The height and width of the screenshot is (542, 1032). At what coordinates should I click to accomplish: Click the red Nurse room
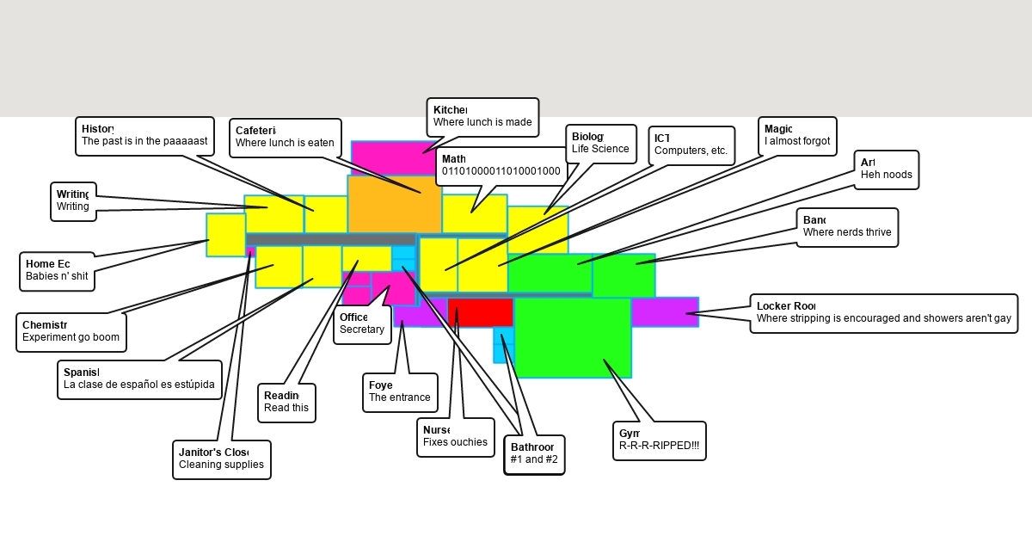coord(481,312)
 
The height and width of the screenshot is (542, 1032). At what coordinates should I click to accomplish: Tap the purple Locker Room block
coord(664,311)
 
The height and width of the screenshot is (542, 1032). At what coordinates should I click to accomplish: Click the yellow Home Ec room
coord(225,235)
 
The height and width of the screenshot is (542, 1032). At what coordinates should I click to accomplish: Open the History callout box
coord(144,136)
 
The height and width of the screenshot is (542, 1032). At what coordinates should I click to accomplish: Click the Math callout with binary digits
coord(501,166)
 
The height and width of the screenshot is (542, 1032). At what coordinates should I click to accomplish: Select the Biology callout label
coord(600,144)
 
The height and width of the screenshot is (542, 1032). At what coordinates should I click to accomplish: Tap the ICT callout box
coord(691,145)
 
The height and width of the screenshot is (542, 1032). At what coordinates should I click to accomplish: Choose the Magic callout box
coord(796,136)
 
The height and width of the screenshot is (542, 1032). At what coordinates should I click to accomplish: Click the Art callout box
coord(886,169)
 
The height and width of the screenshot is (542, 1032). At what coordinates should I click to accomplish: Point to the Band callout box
coord(846,227)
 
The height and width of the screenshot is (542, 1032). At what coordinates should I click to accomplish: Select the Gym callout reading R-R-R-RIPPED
coord(659,440)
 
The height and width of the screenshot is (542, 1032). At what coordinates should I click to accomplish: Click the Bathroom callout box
coord(534,454)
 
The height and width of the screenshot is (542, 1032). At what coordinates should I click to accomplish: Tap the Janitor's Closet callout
coord(221,459)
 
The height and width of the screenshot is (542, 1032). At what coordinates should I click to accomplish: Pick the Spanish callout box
coord(139,379)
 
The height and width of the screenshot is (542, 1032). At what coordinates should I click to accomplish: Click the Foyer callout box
coord(399,392)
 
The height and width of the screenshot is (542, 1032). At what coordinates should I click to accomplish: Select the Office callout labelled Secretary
coord(361,324)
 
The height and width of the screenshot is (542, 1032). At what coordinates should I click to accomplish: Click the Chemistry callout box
coord(71,332)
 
